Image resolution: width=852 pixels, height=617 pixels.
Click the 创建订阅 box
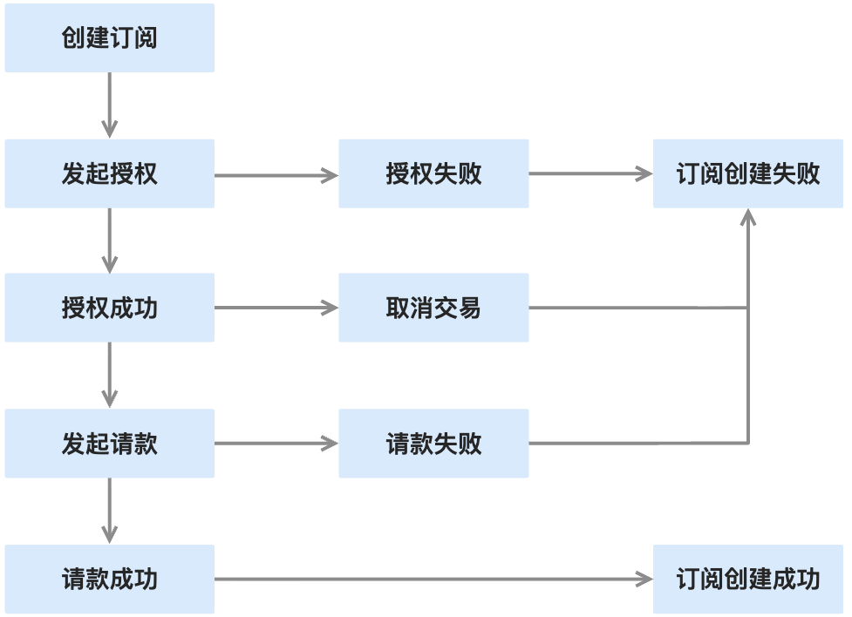click(x=110, y=38)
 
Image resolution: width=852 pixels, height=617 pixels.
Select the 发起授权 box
click(x=110, y=173)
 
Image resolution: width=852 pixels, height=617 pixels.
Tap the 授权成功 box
click(x=110, y=308)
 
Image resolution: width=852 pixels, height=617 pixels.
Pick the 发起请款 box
click(x=110, y=444)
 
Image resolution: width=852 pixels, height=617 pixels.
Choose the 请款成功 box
click(x=110, y=579)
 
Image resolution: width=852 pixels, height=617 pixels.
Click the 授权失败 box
click(x=433, y=173)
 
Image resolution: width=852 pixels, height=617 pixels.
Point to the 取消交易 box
click(x=433, y=308)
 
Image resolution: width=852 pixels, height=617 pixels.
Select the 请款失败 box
click(x=433, y=444)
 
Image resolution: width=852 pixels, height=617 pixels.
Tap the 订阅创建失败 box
click(x=748, y=173)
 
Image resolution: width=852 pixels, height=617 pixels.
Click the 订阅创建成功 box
click(x=748, y=579)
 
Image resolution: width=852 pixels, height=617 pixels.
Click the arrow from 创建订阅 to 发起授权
click(x=110, y=105)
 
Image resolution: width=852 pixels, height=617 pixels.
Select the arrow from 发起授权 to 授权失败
click(x=276, y=175)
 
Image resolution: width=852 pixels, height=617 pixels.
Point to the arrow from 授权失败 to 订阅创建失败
click(x=590, y=173)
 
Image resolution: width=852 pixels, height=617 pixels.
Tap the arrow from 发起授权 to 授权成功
click(x=110, y=241)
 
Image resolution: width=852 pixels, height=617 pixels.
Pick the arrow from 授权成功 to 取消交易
click(x=276, y=308)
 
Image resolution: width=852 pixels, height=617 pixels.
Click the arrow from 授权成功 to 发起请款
click(x=110, y=376)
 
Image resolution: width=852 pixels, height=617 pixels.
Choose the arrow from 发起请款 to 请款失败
click(x=276, y=444)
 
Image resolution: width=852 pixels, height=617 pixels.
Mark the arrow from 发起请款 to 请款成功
click(x=110, y=511)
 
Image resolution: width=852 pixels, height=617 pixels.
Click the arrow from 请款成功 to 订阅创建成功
click(x=433, y=579)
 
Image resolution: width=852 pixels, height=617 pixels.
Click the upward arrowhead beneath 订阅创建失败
click(x=748, y=216)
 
